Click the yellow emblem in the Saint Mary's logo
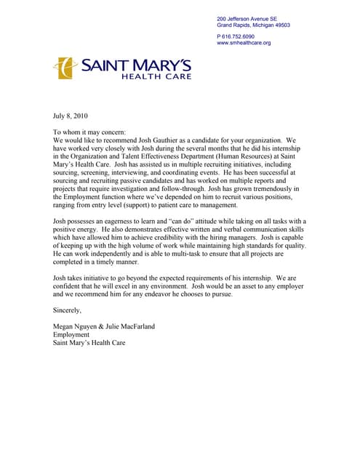point(65,68)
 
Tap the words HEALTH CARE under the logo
point(156,76)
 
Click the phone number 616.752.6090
point(238,36)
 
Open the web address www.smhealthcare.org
point(244,43)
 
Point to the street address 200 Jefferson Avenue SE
point(247,18)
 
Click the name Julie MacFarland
point(130,326)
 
